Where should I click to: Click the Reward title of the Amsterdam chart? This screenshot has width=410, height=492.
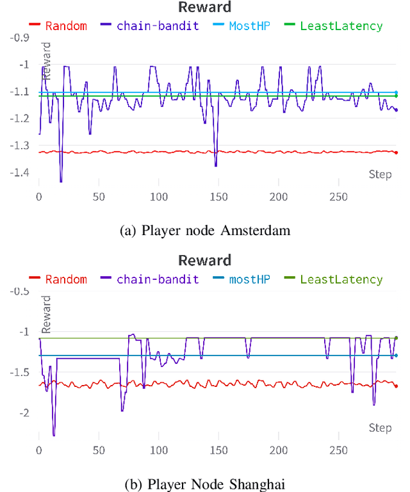pos(205,8)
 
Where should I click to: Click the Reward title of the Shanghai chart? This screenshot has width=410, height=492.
pos(205,261)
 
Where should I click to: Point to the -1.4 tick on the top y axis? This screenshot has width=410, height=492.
pos(21,174)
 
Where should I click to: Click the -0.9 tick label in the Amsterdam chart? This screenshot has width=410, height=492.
pos(21,38)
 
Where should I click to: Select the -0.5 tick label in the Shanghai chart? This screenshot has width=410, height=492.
pos(21,291)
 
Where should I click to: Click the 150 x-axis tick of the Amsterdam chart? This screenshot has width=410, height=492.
pos(218,197)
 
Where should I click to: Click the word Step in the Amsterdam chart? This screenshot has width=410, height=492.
pos(380,174)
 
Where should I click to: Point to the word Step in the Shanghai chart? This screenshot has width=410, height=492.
pos(380,427)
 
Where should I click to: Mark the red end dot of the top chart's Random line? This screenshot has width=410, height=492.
pos(396,152)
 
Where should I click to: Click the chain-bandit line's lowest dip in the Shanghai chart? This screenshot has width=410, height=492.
pos(54,436)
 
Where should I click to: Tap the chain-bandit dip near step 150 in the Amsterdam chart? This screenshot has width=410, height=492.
pos(215,166)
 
